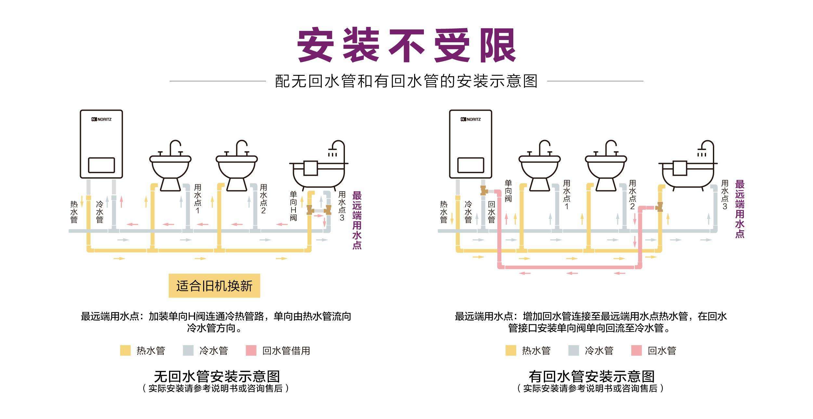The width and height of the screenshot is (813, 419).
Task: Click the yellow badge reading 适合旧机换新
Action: (x=214, y=286)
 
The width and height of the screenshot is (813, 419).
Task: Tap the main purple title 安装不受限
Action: (x=406, y=45)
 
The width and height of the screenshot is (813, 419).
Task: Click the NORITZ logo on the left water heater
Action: (x=101, y=119)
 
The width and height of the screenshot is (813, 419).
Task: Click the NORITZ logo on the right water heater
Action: (x=470, y=119)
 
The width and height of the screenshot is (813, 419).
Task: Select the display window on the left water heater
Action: (x=101, y=165)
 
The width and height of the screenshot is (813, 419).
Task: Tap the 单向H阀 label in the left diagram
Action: (x=293, y=206)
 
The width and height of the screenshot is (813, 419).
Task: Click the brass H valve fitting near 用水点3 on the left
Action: (x=319, y=210)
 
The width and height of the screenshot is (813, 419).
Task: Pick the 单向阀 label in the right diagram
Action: (x=508, y=191)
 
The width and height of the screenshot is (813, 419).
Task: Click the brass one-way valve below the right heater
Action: (x=484, y=190)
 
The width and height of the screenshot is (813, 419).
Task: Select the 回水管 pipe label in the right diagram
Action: (x=492, y=212)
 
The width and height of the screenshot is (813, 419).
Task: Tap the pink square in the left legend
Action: (x=251, y=350)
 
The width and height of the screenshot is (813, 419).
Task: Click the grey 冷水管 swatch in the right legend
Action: (x=573, y=350)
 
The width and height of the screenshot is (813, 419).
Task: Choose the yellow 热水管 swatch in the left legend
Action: (x=125, y=350)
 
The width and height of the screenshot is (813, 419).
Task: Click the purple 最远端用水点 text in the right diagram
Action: (x=740, y=209)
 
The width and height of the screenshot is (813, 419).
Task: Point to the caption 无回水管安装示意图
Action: (x=217, y=376)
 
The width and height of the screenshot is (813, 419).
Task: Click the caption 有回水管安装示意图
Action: (x=591, y=376)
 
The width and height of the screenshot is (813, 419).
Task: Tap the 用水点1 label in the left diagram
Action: (x=198, y=199)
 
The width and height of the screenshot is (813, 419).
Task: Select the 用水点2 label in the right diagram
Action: (x=632, y=195)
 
